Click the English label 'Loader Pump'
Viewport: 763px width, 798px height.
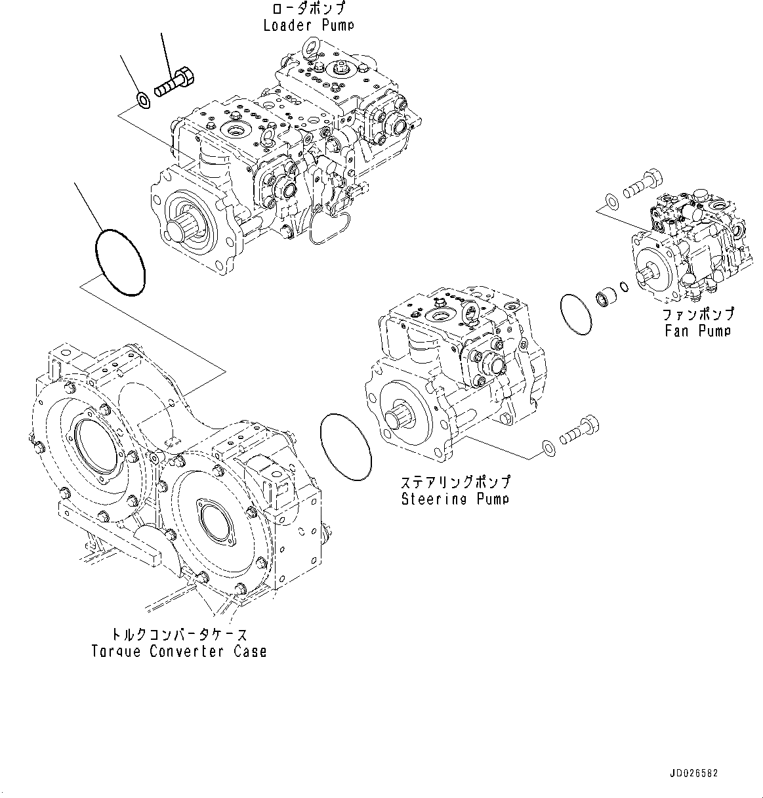click(308, 26)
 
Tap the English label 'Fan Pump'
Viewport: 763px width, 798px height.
click(697, 331)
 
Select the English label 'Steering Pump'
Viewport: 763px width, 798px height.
click(455, 499)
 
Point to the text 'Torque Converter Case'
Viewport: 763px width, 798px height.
click(178, 652)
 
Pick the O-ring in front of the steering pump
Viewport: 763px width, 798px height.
click(346, 448)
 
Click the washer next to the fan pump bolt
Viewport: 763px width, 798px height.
click(610, 200)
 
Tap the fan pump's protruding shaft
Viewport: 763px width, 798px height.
click(650, 269)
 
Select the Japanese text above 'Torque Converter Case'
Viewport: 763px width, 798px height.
click(180, 635)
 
